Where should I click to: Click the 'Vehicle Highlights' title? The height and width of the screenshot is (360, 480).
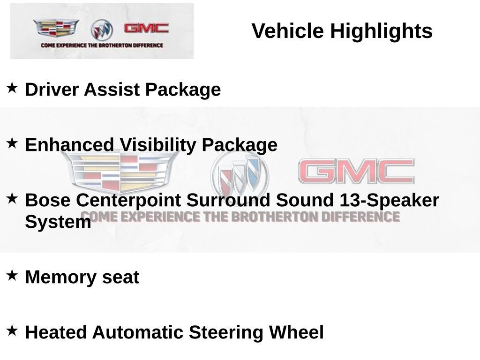[x=342, y=31]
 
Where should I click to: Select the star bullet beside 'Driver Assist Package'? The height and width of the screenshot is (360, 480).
[x=12, y=87]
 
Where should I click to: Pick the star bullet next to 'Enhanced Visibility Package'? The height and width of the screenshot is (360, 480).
[x=12, y=143]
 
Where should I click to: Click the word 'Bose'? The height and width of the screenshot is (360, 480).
[x=48, y=200]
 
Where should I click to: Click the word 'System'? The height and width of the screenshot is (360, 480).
[x=58, y=222]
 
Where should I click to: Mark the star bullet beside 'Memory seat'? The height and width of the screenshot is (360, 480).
[x=12, y=275]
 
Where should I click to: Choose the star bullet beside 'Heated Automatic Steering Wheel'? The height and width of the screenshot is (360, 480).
[x=12, y=330]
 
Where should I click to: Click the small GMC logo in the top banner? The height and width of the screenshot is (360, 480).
[x=146, y=29]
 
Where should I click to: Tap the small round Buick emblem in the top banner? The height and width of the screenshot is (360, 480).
[x=102, y=30]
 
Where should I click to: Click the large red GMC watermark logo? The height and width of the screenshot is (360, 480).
[x=356, y=171]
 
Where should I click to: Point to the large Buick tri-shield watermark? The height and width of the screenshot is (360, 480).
[x=239, y=176]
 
